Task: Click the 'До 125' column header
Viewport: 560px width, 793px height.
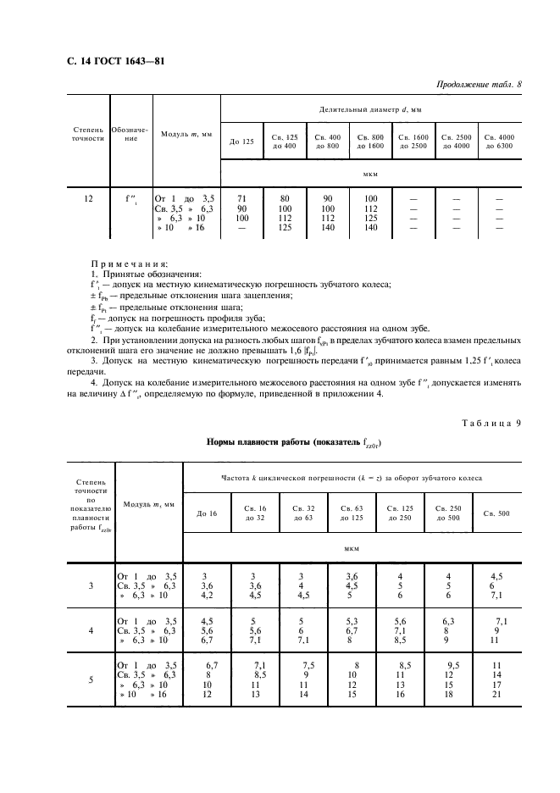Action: coord(241,141)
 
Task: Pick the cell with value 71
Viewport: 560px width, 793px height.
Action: coord(241,198)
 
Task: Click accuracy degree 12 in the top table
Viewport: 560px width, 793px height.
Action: coord(89,198)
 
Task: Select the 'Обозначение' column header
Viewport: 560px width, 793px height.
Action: coord(130,135)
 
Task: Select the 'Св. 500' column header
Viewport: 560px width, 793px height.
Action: coord(497,513)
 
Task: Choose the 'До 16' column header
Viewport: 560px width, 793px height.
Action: coord(208,513)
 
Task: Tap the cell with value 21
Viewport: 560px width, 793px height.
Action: coord(497,695)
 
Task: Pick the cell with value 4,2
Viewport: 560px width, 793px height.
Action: coord(208,595)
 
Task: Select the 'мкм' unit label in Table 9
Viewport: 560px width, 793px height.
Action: coord(352,548)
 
